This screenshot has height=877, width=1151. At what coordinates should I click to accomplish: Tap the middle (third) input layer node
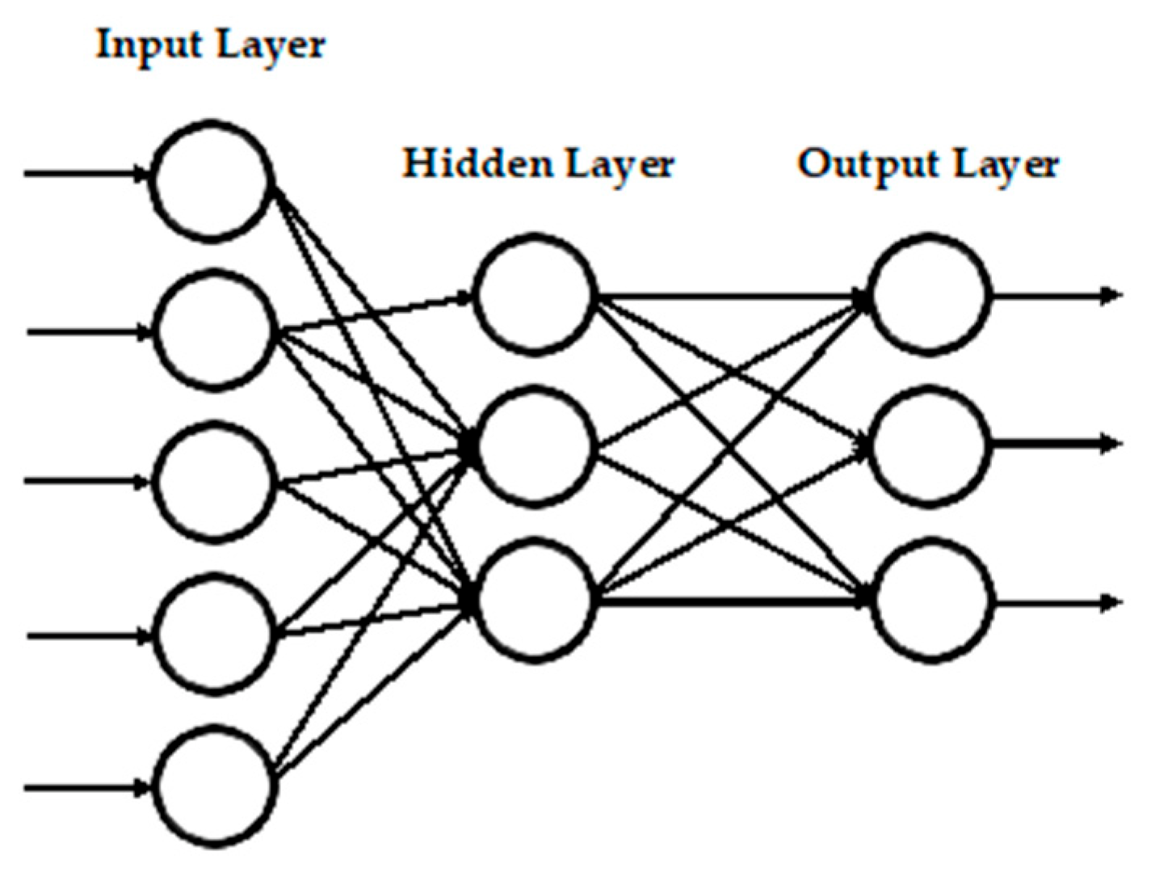click(x=214, y=482)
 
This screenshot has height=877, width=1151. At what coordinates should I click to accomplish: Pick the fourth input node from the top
click(x=214, y=635)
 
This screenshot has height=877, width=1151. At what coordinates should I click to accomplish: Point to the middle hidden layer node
click(x=535, y=446)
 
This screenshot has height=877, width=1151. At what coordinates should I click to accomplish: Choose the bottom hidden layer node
click(x=535, y=600)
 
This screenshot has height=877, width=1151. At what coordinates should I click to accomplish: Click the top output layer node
click(x=930, y=294)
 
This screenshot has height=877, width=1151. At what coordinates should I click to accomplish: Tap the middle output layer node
click(x=930, y=446)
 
